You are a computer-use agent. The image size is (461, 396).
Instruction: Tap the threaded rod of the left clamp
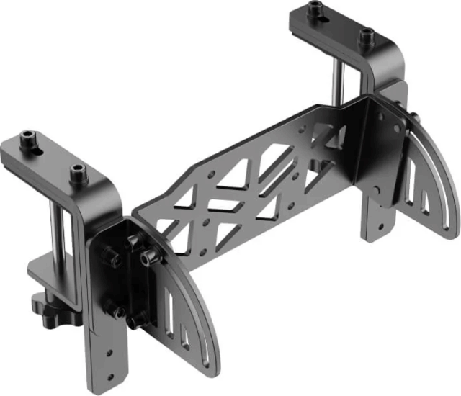[55, 231]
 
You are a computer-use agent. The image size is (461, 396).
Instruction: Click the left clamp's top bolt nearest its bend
[77, 173]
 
